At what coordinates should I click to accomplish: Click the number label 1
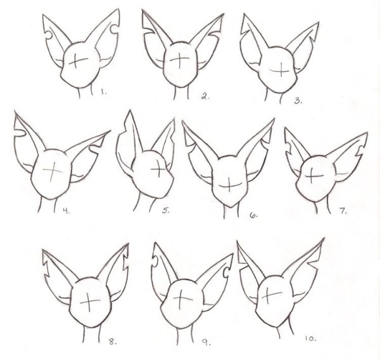click(104, 93)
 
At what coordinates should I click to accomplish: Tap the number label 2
click(205, 96)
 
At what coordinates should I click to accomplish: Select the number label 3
click(298, 100)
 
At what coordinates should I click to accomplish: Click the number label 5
click(166, 211)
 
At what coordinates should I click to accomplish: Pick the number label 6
click(253, 215)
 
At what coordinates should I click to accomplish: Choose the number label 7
click(343, 211)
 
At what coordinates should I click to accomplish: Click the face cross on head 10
click(273, 294)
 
